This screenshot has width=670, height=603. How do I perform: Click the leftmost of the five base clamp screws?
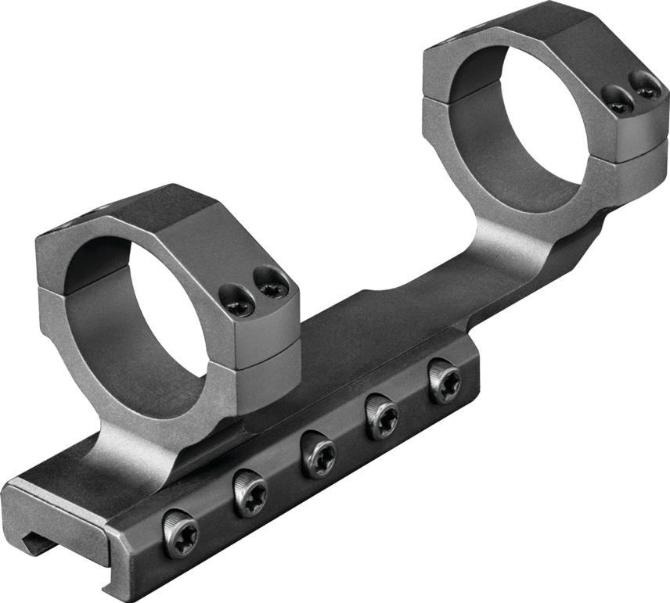(x=181, y=533)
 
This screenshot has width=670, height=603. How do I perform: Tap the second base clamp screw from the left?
(x=249, y=494)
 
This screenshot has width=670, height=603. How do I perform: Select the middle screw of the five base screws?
(x=316, y=454)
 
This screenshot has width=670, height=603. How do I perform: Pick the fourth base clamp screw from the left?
(x=382, y=415)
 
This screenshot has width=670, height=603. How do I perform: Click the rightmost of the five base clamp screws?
(x=444, y=380)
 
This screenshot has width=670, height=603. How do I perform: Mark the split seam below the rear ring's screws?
(x=634, y=153)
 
